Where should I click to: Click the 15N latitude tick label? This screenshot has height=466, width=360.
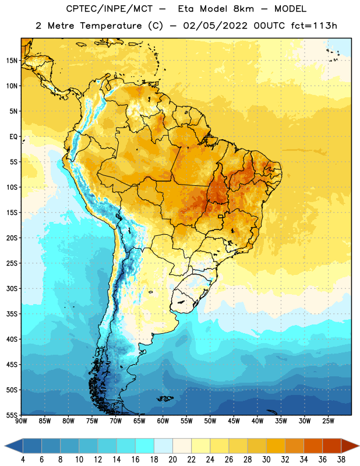point(12,61)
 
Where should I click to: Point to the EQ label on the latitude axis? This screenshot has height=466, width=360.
point(13,137)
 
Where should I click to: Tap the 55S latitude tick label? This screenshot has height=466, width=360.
point(12,415)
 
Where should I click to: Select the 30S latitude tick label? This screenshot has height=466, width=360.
point(12,288)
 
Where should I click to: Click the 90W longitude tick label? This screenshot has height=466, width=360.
point(21,421)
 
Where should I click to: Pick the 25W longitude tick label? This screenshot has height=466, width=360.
point(328,421)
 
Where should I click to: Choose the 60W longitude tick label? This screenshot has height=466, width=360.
point(163,421)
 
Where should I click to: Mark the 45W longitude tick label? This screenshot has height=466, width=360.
point(234,421)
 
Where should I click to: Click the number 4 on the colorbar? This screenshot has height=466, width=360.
point(23,460)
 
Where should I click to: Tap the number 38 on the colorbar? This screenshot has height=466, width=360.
point(341,460)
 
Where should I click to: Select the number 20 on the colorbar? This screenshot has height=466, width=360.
point(172,460)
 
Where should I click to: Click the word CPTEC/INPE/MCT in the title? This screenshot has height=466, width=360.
point(110,9)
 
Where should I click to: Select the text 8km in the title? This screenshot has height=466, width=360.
point(243,9)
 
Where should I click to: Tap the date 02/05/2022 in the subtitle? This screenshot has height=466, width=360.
point(215,26)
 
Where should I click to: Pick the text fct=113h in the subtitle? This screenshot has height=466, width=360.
point(314,26)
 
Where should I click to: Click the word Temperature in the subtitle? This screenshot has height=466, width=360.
point(111,26)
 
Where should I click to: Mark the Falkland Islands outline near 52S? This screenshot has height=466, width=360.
point(165,398)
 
